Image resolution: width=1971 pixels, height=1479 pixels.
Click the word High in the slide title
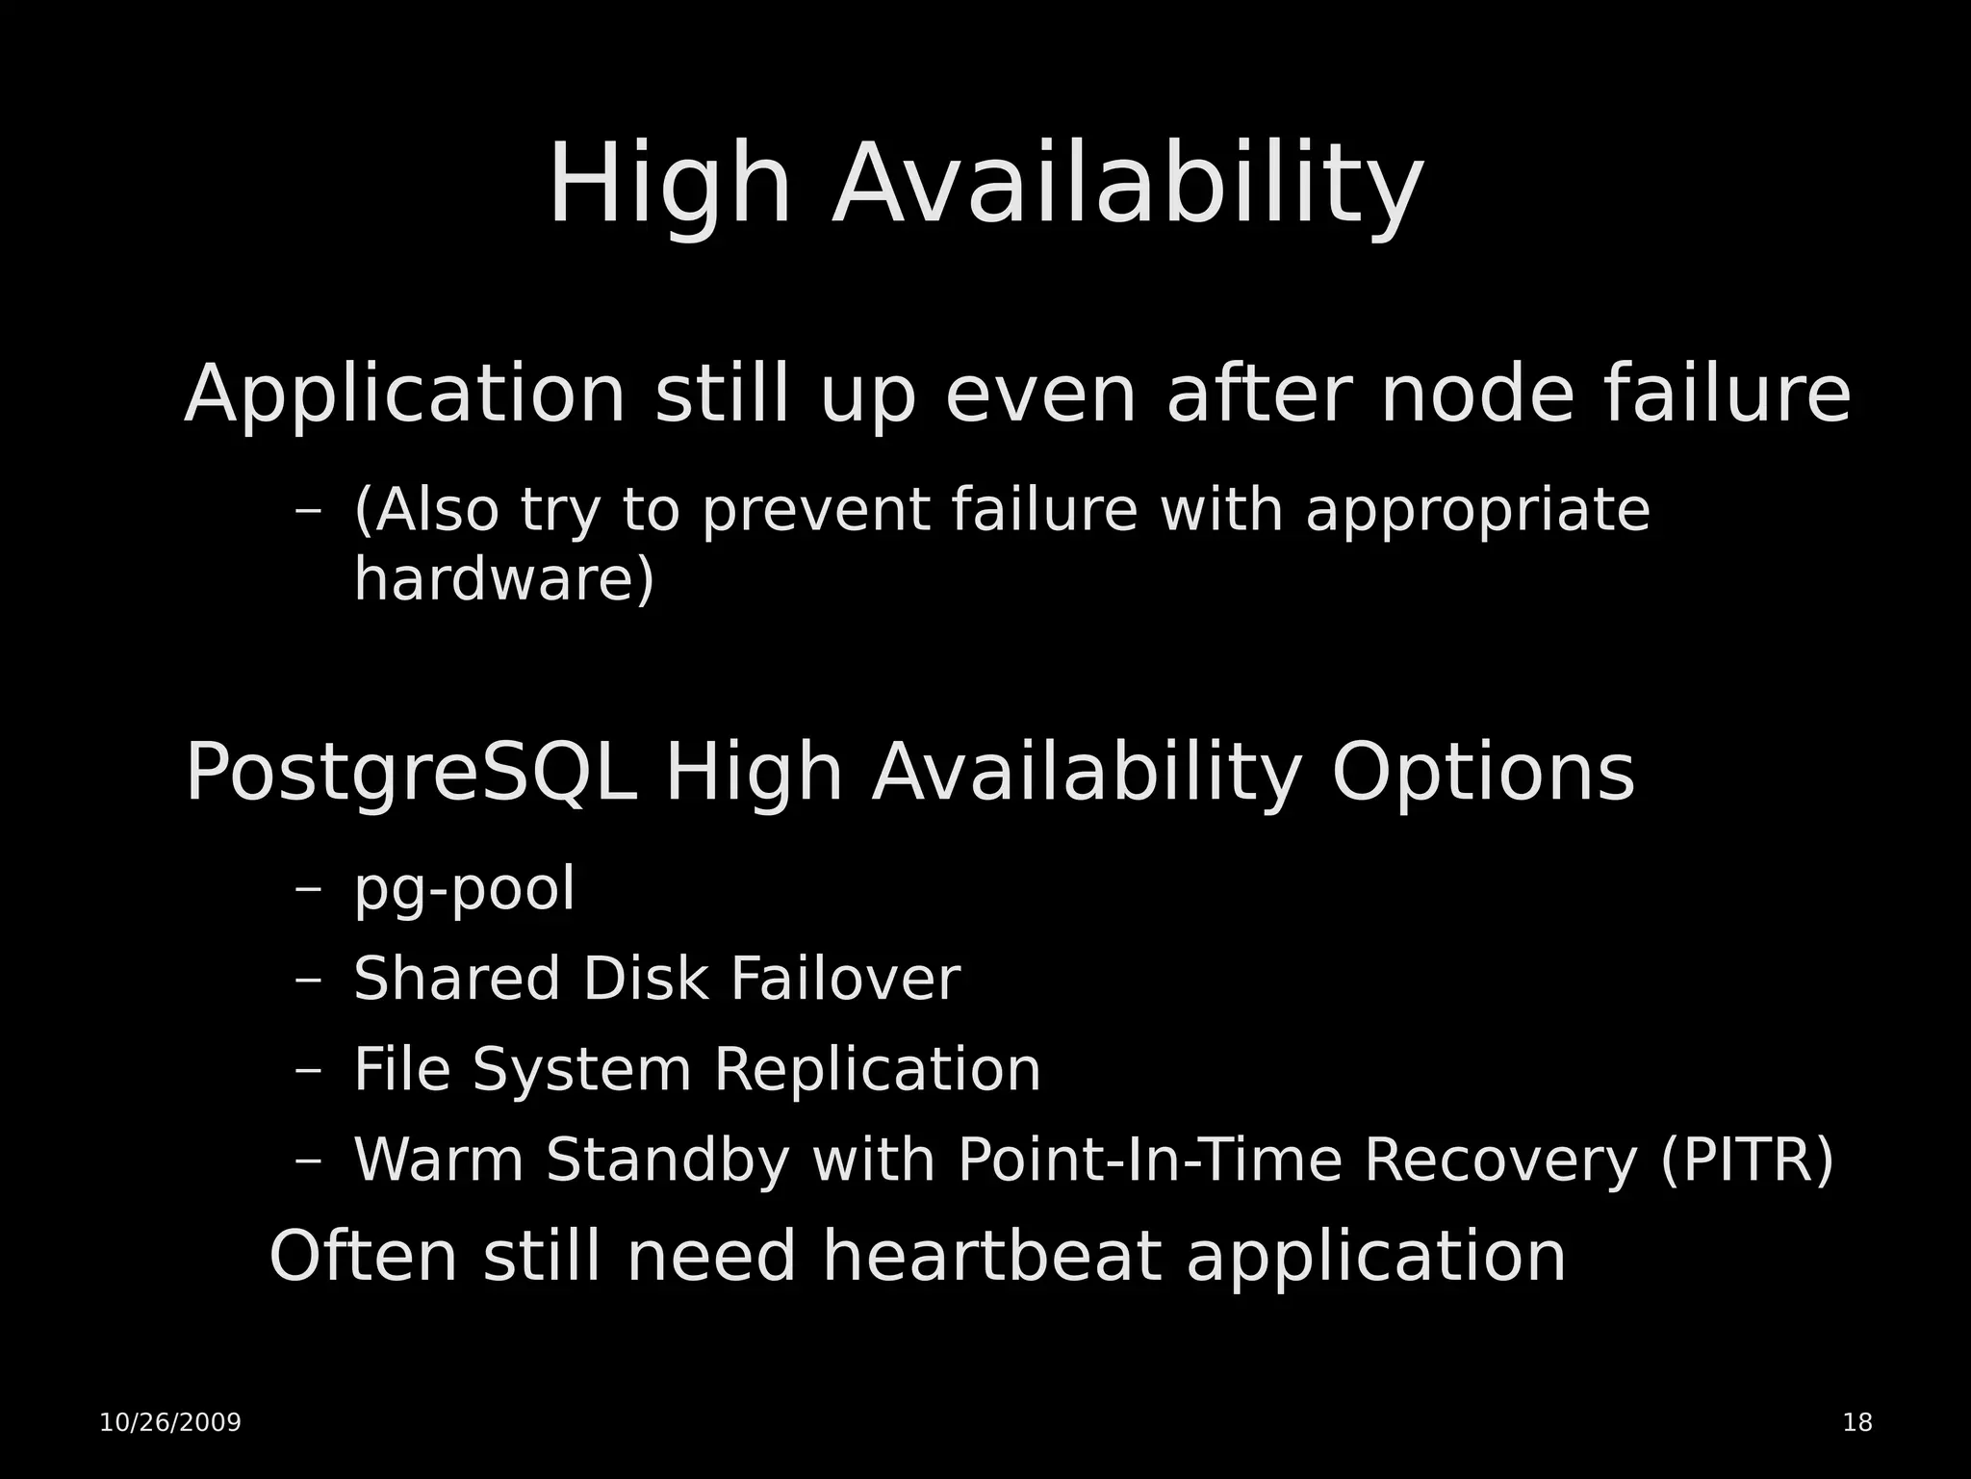click(670, 185)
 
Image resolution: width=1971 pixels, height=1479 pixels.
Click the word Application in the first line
click(405, 395)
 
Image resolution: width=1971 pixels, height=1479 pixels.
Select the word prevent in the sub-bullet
click(814, 510)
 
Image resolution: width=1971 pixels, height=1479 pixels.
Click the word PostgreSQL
click(411, 773)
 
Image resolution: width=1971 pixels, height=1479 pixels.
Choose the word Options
click(1483, 773)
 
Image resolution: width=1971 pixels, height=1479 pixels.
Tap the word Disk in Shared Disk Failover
click(644, 979)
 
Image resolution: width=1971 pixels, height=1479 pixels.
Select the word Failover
click(845, 979)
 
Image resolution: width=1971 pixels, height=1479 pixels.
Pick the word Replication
click(877, 1069)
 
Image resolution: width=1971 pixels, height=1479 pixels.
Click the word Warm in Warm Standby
click(439, 1160)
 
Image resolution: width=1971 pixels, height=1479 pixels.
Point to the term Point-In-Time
click(1149, 1160)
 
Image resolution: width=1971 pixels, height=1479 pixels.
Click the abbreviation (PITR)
click(1747, 1160)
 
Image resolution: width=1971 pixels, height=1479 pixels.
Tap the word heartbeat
click(990, 1257)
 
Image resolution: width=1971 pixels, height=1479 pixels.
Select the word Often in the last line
click(363, 1257)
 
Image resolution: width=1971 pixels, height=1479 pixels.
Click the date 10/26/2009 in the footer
click(170, 1423)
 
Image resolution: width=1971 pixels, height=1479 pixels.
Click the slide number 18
click(1857, 1423)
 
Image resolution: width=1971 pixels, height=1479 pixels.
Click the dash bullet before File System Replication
click(308, 1070)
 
